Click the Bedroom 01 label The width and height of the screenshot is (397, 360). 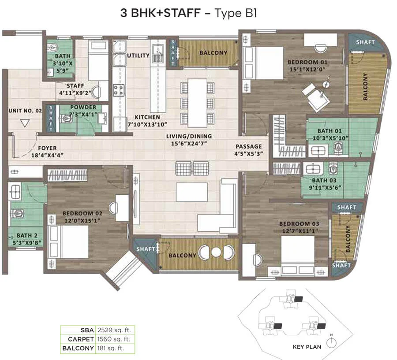(307, 62)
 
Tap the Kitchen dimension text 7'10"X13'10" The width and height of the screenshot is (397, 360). (147, 124)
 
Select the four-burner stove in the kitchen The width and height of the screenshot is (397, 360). (119, 90)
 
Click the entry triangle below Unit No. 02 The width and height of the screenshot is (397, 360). (25, 123)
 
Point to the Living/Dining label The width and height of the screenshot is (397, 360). (189, 136)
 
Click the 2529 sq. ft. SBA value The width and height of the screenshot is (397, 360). (114, 330)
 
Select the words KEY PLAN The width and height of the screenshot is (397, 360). (307, 347)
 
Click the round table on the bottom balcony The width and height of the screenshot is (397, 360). (216, 252)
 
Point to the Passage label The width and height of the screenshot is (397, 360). (249, 146)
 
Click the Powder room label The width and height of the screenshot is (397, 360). (83, 107)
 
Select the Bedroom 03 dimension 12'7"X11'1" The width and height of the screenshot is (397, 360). (300, 231)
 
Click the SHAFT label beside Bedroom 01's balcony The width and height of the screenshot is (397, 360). (365, 42)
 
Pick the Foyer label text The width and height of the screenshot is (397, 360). (47, 148)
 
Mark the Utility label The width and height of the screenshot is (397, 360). (138, 56)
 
